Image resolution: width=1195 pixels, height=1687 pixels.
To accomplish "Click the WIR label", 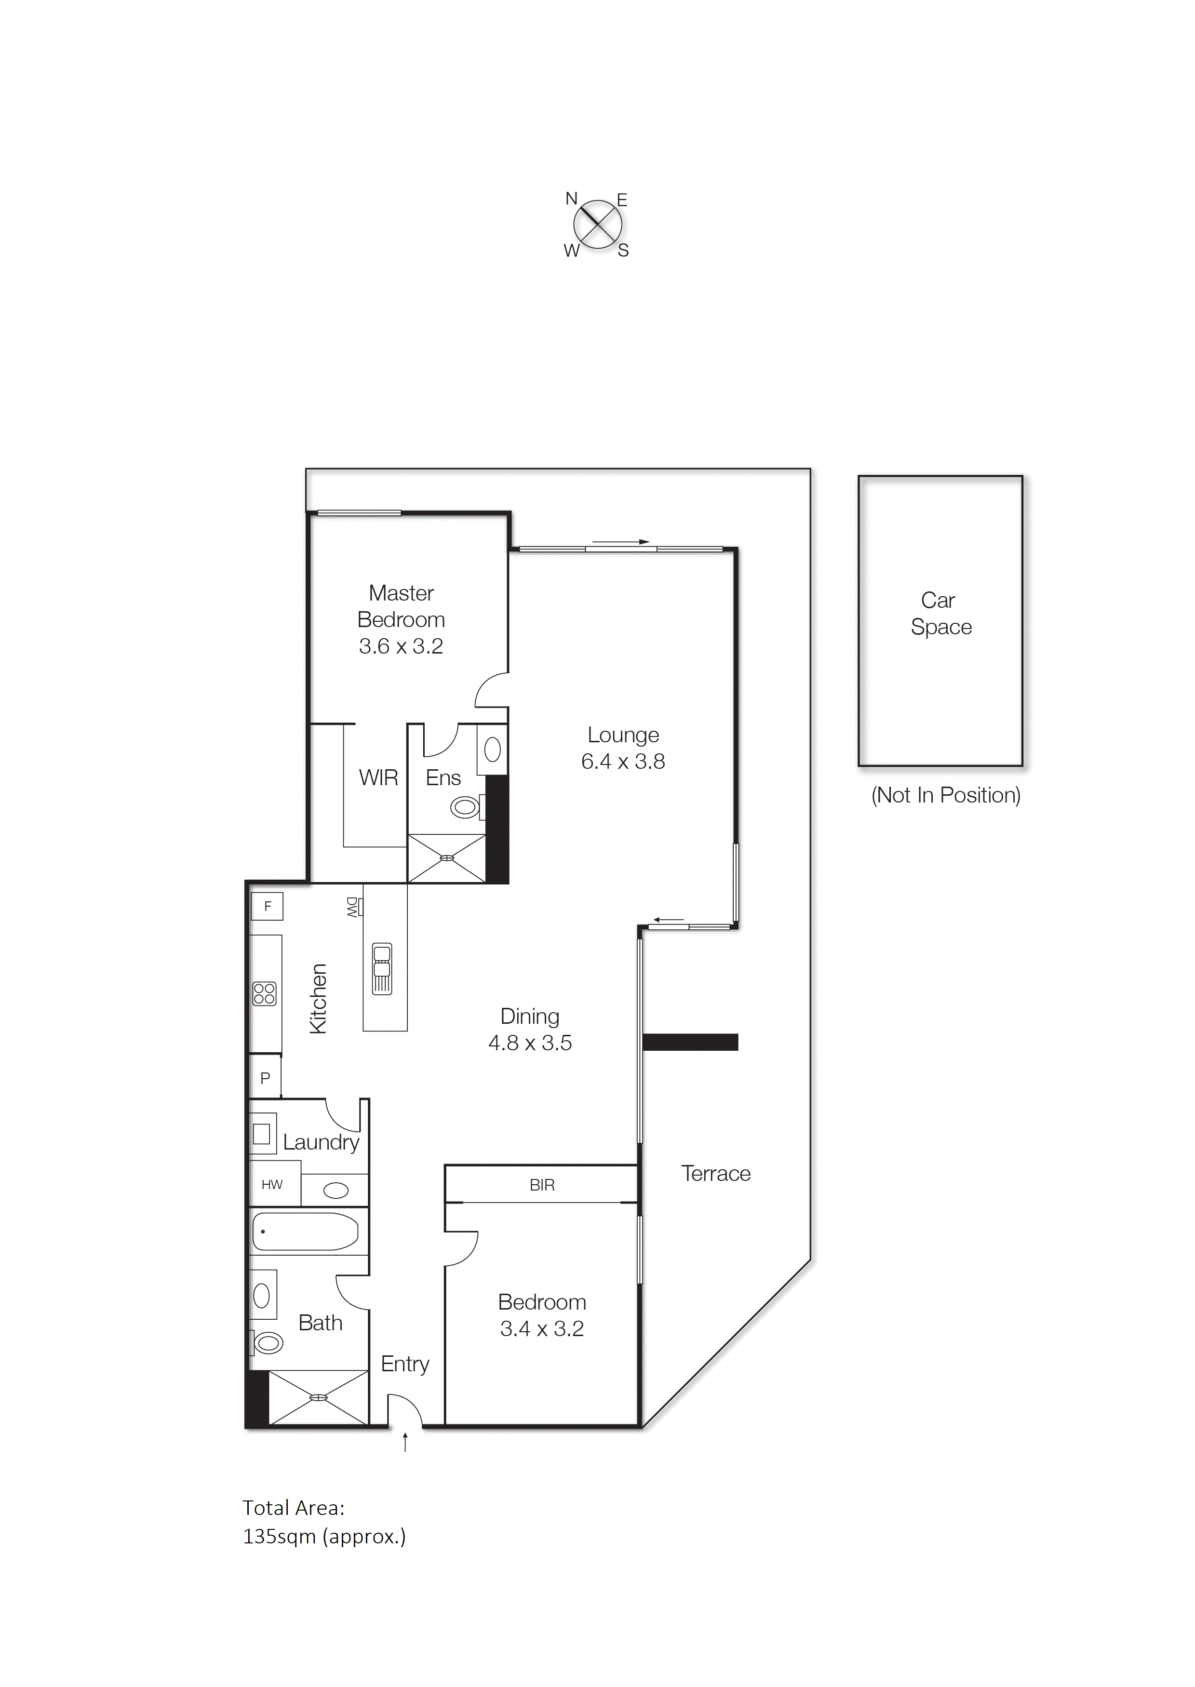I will point(378,777).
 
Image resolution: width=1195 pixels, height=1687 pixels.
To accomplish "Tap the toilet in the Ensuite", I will point(466,807).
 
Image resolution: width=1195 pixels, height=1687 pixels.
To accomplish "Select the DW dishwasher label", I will point(352,907).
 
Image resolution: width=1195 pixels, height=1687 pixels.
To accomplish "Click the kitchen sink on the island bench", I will point(382,969).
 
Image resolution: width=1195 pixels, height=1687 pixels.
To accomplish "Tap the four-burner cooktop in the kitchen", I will point(264,993).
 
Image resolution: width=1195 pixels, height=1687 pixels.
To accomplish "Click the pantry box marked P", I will point(265,1078).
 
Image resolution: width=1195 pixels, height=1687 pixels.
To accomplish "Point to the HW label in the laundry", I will point(271,1184).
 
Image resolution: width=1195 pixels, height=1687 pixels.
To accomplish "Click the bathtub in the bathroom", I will point(305,1232).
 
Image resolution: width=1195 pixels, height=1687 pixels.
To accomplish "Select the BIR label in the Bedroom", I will point(541,1184).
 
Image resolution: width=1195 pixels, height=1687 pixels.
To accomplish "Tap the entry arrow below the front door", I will point(405,1443).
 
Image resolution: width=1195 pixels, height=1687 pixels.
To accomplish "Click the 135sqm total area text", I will point(324,1537).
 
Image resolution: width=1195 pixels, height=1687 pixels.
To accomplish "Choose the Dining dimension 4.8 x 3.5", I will point(530,1043).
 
